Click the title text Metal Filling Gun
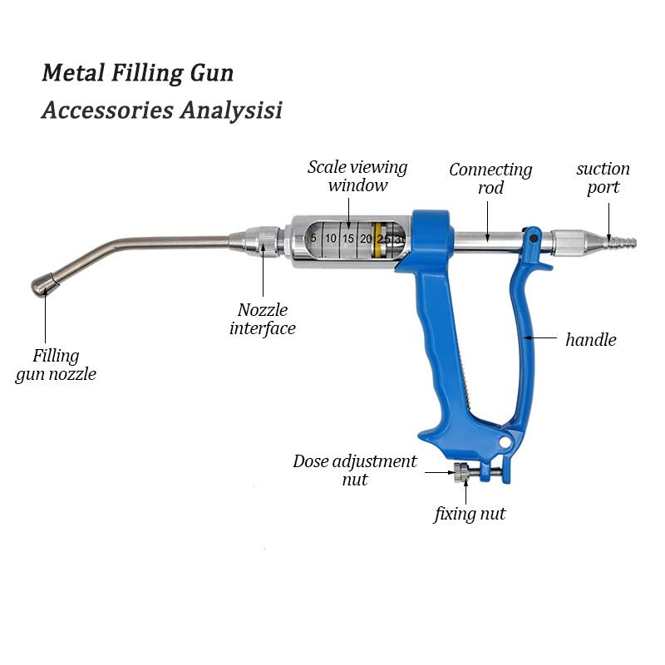coord(137,72)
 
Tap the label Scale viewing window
coord(357,175)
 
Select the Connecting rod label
coord(490,178)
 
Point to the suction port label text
coord(603,177)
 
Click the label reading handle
coord(590,339)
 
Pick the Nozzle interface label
coord(262,319)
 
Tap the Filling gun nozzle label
coord(57,365)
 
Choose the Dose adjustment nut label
coord(354,470)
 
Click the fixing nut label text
coord(470,515)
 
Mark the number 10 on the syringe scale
coord(331,239)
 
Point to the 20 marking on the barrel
coord(366,239)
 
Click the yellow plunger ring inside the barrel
coord(379,239)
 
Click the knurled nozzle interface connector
coord(264,241)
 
